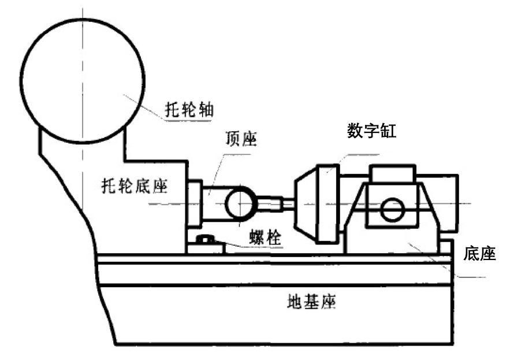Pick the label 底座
tap(479, 254)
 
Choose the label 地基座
tap(312, 302)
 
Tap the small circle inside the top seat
tap(239, 204)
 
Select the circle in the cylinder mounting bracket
tap(393, 209)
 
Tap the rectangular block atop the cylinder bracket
tap(393, 173)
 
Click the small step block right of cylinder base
tap(446, 247)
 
